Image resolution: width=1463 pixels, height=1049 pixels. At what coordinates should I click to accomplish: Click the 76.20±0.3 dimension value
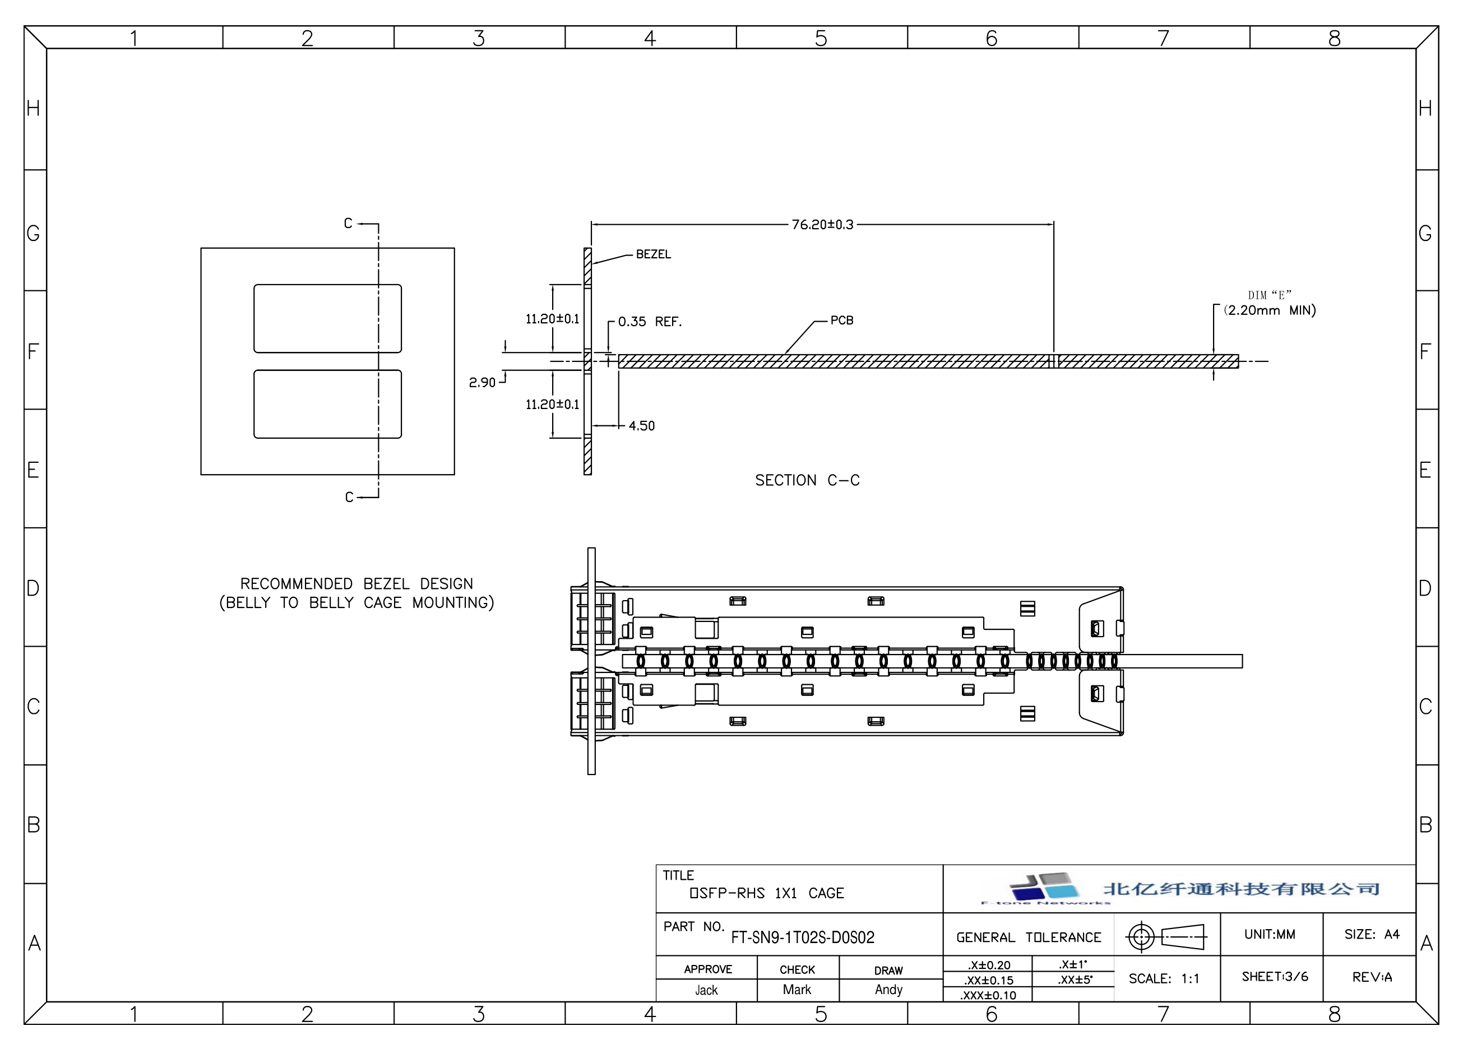coord(822,224)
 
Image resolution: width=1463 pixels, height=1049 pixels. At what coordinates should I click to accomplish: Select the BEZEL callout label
coord(654,254)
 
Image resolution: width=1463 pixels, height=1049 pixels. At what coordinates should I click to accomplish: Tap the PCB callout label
coord(842,321)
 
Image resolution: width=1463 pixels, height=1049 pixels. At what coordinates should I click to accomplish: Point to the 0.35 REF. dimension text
coord(650,321)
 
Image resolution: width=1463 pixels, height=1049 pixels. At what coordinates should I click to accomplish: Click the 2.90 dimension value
coord(482,382)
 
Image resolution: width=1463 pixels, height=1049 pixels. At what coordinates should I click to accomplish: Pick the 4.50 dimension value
coord(642,425)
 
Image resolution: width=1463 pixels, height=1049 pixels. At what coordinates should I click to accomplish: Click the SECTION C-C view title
coord(808,480)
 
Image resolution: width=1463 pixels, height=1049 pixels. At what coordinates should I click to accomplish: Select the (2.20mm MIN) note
coord(1270,310)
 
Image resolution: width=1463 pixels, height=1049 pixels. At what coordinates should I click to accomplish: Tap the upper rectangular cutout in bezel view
coord(328,318)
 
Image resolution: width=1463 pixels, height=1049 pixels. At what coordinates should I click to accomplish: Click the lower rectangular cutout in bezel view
coord(328,404)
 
